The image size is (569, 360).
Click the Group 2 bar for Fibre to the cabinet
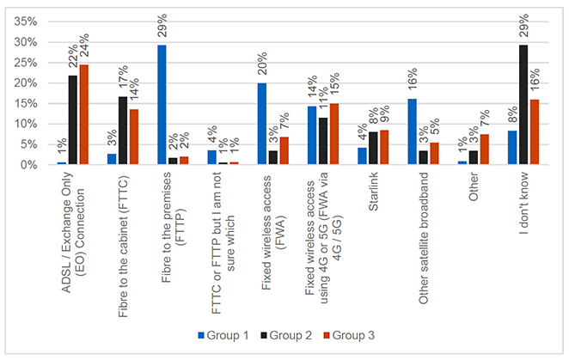tap(123, 130)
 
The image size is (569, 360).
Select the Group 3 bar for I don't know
tap(535, 131)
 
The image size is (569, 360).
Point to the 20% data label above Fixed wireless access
tap(263, 66)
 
